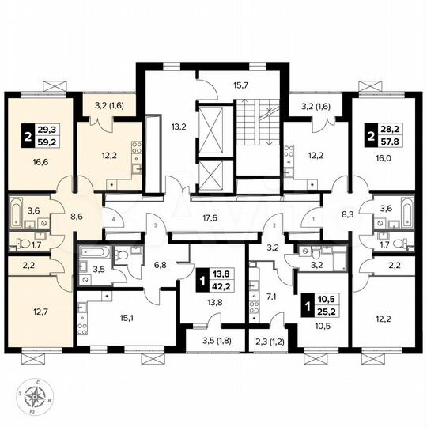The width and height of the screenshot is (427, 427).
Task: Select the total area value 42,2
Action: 224,277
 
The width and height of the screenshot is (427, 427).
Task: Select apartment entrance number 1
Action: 313,219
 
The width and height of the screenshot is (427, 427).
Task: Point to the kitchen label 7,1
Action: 271,297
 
